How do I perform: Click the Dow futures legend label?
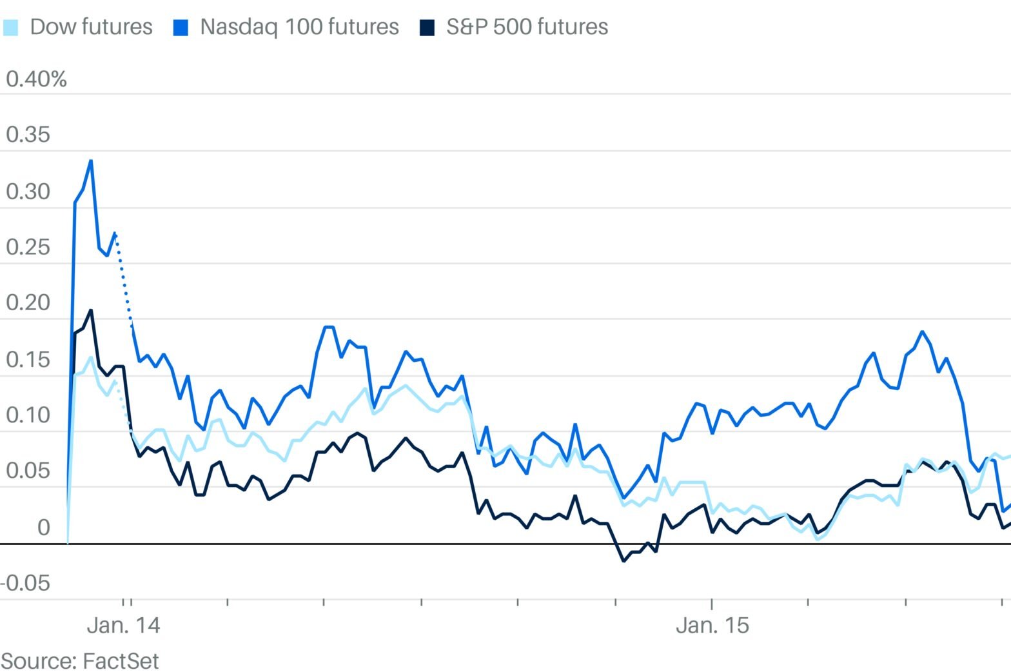point(91,27)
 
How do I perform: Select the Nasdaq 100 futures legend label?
point(299,27)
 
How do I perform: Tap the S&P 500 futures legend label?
point(527,27)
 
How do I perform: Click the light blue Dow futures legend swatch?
point(11,28)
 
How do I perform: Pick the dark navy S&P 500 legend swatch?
point(427,28)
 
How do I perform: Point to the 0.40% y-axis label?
point(36,79)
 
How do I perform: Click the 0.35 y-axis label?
point(28,135)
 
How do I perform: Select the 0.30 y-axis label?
point(28,192)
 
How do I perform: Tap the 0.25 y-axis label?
point(28,247)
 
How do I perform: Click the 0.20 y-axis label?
point(28,303)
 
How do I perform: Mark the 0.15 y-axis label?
point(28,359)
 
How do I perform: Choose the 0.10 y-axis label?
point(28,415)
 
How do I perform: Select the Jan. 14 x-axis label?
point(123,626)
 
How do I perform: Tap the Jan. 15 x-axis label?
point(712,626)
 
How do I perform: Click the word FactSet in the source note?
point(120,661)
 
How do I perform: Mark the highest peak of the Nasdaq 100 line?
point(91,161)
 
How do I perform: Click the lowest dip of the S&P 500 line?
point(623,560)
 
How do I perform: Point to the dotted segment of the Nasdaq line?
point(124,284)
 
